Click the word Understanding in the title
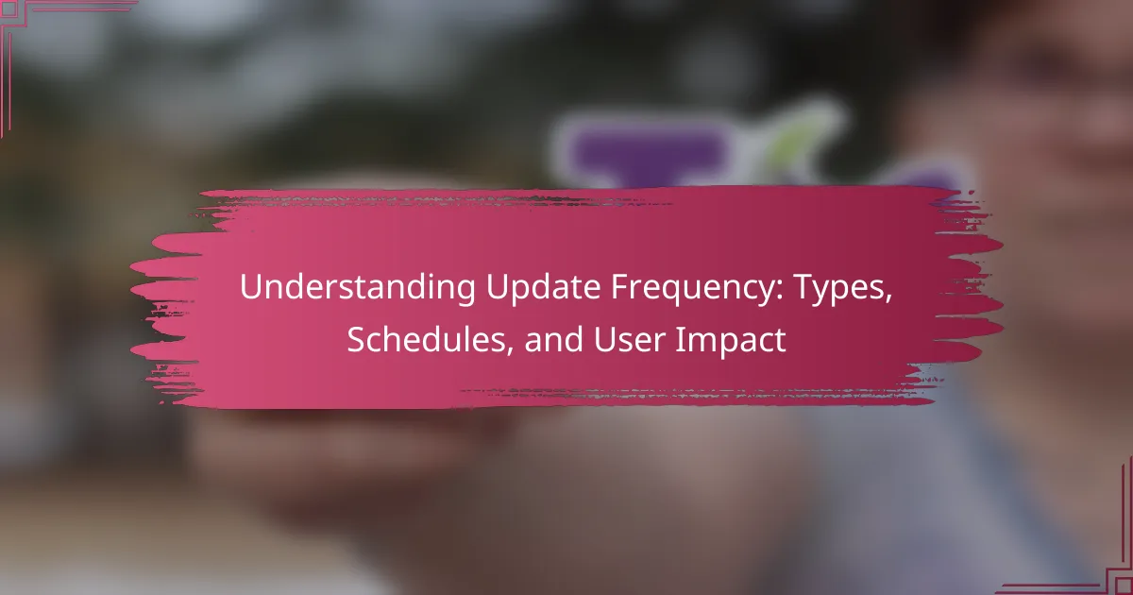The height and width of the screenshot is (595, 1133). pos(358,287)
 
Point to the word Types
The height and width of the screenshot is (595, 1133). pos(838,288)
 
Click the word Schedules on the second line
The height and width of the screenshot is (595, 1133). pos(426,339)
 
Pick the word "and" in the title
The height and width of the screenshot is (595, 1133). pos(554,339)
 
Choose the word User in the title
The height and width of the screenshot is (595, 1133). pos(629,339)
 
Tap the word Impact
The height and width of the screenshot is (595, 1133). pos(731,340)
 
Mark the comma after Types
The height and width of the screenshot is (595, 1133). pos(888,299)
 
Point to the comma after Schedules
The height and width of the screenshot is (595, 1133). pos(509,350)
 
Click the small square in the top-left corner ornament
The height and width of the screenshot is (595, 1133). pos(9,9)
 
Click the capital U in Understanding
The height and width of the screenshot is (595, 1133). pos(252,288)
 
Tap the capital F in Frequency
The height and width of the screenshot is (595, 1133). pos(620,288)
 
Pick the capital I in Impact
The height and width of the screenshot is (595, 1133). pos(680,339)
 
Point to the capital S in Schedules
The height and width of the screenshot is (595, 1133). pos(357,339)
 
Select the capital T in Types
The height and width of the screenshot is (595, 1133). pos(803,288)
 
